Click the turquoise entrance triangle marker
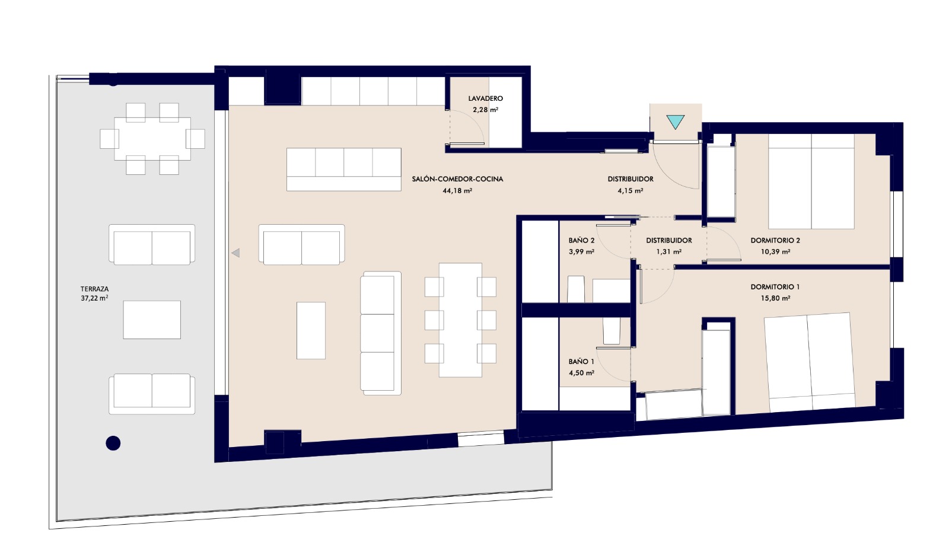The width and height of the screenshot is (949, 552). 675,122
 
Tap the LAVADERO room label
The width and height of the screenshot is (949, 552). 486,98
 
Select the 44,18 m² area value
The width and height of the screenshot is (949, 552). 457,191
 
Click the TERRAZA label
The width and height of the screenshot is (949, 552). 94,289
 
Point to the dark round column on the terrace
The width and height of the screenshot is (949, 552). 113,443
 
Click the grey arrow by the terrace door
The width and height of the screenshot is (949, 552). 236,253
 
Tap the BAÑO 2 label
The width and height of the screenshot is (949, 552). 581,240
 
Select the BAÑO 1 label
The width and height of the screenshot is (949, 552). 581,361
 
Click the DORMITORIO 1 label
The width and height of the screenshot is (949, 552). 775,287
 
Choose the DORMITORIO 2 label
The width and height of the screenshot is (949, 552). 775,240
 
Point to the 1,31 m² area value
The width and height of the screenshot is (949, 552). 669,251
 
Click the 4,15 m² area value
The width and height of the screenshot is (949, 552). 630,191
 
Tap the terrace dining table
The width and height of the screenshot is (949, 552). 152,139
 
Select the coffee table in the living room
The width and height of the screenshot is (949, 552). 311,330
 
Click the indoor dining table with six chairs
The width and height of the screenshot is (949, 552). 460,320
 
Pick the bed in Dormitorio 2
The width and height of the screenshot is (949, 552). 811,182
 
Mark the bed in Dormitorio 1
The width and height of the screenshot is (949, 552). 809,362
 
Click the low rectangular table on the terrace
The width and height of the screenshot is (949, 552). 152,320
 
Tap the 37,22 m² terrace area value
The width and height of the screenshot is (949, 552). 94,298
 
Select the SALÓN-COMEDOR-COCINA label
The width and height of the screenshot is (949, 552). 457,179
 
